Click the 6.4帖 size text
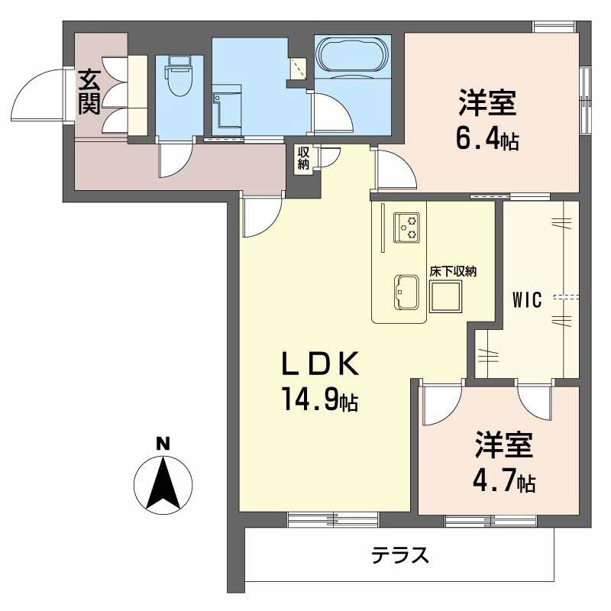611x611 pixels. pos(489,140)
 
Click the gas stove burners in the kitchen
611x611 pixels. pos(406,227)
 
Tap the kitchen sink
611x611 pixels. pos(405,292)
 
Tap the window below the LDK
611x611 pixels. pos(333,519)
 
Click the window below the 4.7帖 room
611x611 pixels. pos(489,521)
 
